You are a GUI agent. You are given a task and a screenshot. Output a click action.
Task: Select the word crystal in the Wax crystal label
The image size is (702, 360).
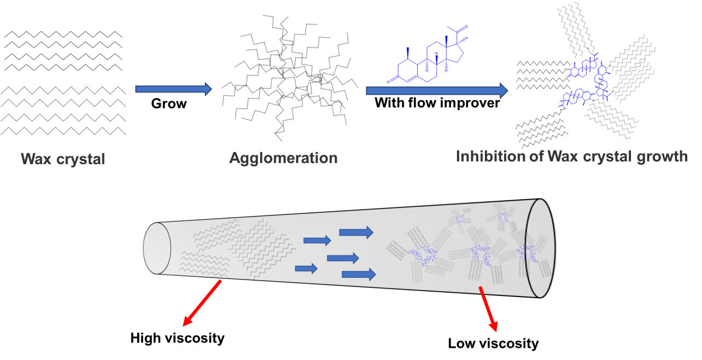80,159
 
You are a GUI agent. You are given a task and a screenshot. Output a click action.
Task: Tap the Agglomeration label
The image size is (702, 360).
283,158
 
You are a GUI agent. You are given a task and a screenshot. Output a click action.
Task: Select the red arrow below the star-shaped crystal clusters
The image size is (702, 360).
488,309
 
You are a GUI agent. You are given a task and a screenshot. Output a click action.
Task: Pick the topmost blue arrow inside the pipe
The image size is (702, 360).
356,233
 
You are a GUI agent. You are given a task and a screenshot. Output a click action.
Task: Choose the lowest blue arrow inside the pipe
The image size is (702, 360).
358,274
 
